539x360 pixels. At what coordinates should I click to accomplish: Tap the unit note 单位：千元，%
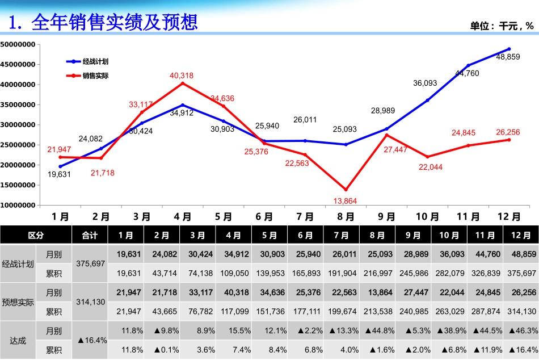pyautogui.click(x=502, y=26)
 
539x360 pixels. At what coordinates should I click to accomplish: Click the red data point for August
pyautogui.click(x=346, y=190)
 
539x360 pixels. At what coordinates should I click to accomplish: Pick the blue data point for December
pyautogui.click(x=509, y=49)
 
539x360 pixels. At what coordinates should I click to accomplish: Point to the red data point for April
pyautogui.click(x=182, y=83)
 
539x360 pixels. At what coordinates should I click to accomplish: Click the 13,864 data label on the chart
pyautogui.click(x=346, y=201)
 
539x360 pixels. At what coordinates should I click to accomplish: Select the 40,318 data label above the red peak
pyautogui.click(x=182, y=76)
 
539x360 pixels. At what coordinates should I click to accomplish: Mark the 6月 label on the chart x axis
pyautogui.click(x=264, y=217)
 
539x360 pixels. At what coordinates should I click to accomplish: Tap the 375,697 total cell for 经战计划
pyautogui.click(x=90, y=263)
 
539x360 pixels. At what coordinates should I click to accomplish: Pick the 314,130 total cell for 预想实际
pyautogui.click(x=90, y=302)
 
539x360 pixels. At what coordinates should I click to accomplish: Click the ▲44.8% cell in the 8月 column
pyautogui.click(x=379, y=330)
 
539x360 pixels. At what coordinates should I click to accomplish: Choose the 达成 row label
pyautogui.click(x=18, y=340)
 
